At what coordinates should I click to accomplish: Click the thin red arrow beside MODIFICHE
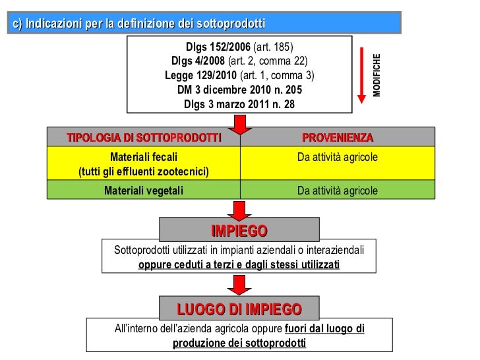point(361,75)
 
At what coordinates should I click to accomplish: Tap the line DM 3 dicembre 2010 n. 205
point(239,90)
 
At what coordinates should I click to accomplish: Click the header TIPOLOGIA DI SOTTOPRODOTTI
point(144,138)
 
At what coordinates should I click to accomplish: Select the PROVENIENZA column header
point(338,138)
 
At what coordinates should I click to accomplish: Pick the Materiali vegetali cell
point(144,191)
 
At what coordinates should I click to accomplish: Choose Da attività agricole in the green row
point(338,191)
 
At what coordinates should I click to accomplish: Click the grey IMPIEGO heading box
point(239,230)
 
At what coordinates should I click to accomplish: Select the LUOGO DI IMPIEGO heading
point(239,309)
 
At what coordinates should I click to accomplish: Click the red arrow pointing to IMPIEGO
point(239,211)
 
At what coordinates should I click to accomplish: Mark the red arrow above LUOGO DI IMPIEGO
point(239,285)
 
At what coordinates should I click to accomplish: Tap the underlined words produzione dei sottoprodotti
point(239,344)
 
